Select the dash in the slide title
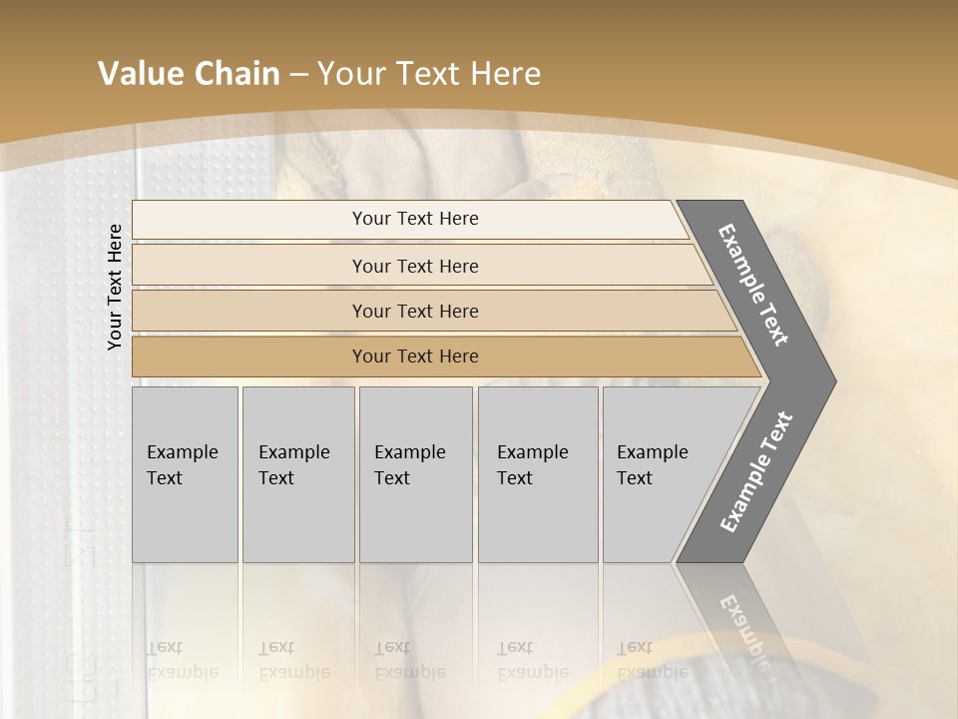point(298,75)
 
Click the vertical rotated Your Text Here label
point(115,287)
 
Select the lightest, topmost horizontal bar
point(415,219)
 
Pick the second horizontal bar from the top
point(415,266)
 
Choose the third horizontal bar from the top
point(415,311)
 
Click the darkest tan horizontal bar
point(415,357)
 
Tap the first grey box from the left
point(185,474)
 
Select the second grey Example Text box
point(297,474)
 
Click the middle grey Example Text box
point(415,474)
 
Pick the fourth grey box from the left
point(537,474)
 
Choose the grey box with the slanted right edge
point(659,474)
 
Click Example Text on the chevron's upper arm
point(753,285)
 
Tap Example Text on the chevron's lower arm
point(755,472)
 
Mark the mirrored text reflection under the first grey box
point(182,660)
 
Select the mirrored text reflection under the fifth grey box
point(653,660)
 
